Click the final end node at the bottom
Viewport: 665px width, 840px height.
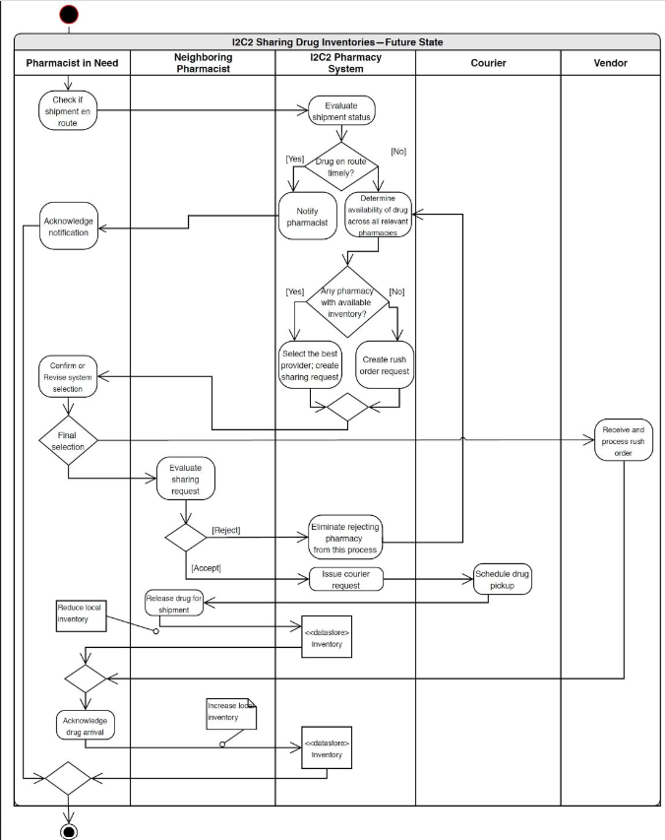tap(69, 831)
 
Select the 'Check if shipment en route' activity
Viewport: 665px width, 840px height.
tap(68, 110)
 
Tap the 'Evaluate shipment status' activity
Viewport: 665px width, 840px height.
tap(341, 112)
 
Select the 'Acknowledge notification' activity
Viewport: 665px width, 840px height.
tap(69, 227)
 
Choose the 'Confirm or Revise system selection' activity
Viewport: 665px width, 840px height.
tap(68, 375)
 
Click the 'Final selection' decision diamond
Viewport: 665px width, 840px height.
tap(68, 439)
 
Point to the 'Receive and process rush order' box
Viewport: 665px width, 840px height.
tap(623, 440)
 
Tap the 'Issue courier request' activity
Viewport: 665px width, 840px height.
tap(344, 579)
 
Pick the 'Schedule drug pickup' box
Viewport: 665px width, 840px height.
tap(503, 579)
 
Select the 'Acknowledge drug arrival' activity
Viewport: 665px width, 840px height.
tap(84, 725)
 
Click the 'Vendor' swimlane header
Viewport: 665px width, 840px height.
tap(609, 62)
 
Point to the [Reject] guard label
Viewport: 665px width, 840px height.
tap(226, 531)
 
